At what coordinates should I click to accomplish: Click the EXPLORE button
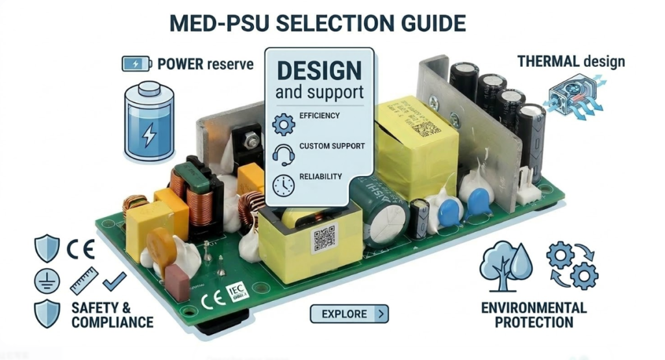click(x=349, y=314)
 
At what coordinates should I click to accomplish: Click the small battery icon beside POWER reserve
click(x=136, y=64)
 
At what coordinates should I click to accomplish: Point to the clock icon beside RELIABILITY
click(x=284, y=185)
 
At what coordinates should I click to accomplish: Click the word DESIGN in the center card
click(x=320, y=70)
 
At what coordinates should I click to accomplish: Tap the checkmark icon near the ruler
click(x=114, y=281)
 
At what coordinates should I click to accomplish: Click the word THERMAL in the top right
click(x=548, y=62)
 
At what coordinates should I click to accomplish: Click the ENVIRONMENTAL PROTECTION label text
click(x=534, y=315)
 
